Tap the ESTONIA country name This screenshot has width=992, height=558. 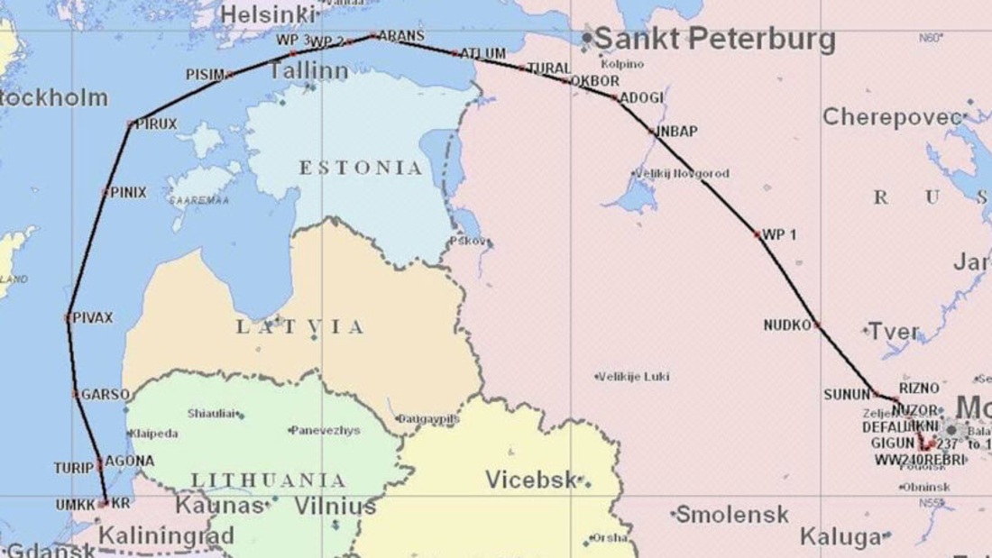[x=361, y=168]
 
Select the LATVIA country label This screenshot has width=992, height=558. [x=300, y=327]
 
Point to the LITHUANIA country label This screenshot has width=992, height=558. [x=268, y=480]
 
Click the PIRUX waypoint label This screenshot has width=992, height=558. [x=157, y=123]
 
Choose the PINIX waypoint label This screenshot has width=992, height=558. [x=128, y=192]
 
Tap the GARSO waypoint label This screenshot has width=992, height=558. [x=106, y=394]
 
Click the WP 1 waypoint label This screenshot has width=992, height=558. [x=779, y=234]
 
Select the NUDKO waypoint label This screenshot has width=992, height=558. [x=787, y=325]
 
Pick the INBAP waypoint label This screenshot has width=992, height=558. [x=676, y=132]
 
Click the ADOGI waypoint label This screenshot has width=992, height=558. [x=642, y=97]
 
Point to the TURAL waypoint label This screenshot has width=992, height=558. [x=548, y=69]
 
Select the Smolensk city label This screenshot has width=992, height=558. [x=732, y=515]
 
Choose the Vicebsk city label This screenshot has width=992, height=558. [x=531, y=480]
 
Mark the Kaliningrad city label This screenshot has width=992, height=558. [x=166, y=535]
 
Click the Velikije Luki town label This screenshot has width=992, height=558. [x=637, y=376]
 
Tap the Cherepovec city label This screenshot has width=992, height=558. [x=892, y=117]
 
